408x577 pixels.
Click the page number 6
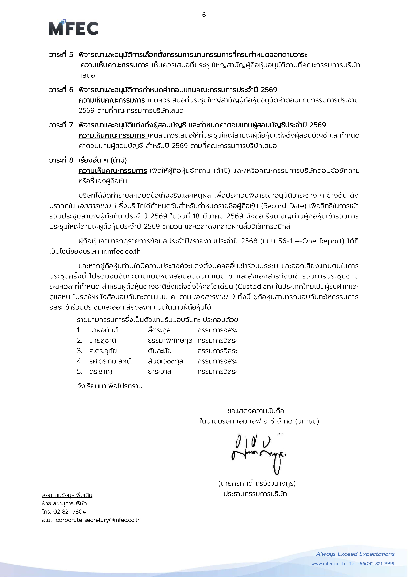(x=204, y=15)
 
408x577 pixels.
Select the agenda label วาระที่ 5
(x=61, y=55)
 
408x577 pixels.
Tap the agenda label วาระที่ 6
(x=61, y=90)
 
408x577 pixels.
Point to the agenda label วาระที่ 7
(x=61, y=125)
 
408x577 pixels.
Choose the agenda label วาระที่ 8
(x=61, y=160)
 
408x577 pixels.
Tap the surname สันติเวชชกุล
(x=165, y=361)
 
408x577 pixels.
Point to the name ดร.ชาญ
(x=100, y=371)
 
